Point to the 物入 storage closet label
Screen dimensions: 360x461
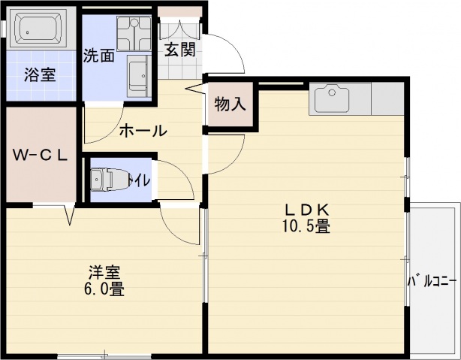coord(230,104)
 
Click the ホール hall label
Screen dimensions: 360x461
coord(143,130)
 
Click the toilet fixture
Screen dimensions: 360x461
coord(105,180)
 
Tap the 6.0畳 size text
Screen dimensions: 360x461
coord(104,289)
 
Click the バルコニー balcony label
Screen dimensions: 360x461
coord(432,282)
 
